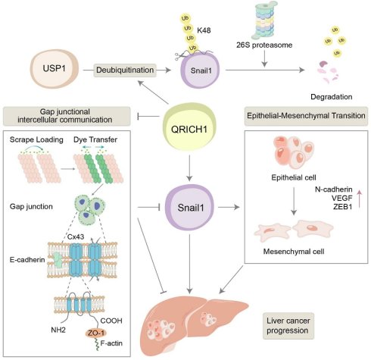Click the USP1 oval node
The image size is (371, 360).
point(55,69)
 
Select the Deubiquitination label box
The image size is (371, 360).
point(125,70)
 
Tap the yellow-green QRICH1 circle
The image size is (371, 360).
point(189,127)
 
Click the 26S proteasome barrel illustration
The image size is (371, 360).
point(264,20)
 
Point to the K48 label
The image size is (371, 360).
point(204,30)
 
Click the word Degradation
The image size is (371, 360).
point(332,97)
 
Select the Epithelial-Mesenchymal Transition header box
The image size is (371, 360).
point(306,116)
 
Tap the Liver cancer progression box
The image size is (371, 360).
point(288,326)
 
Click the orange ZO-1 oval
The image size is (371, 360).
point(96,333)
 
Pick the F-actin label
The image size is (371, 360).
point(111,343)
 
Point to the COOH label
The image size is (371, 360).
point(111,321)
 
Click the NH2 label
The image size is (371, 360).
point(58,330)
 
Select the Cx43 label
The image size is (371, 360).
point(76,236)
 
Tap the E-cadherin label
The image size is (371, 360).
point(27,260)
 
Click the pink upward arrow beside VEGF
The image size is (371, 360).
point(360,199)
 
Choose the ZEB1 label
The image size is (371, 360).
point(342,207)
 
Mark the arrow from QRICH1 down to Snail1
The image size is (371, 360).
point(189,168)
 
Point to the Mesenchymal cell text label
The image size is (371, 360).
point(294,252)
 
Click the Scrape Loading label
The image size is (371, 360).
point(36,139)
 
